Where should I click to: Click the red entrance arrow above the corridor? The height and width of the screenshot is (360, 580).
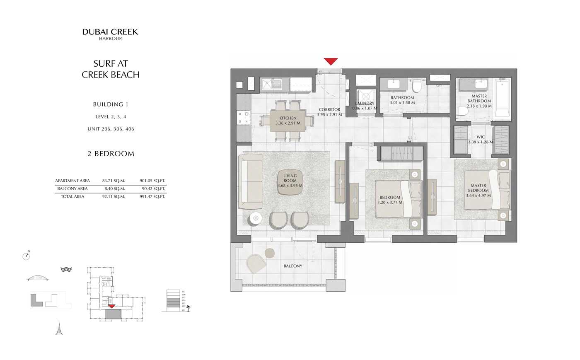point(331,61)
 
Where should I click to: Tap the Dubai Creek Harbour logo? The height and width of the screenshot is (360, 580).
point(110,34)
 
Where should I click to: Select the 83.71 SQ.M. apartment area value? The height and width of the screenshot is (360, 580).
point(114,181)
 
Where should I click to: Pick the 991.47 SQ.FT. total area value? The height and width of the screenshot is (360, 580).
point(152,196)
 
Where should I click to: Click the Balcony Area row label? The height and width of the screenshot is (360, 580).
point(72,188)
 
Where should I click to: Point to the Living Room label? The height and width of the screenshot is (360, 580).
point(290,178)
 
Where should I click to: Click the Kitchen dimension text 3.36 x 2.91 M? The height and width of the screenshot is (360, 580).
point(288,123)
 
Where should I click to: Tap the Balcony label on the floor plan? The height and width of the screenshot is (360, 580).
point(293,266)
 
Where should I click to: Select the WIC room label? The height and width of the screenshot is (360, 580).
point(481,137)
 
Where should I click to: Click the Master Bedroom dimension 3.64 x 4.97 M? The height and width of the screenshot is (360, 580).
point(478,196)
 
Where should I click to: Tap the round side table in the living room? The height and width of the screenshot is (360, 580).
point(256,218)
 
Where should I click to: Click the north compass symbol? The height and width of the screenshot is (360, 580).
point(27,256)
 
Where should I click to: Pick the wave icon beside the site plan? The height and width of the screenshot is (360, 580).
point(66,269)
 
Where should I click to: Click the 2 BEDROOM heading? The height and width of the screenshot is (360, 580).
point(111,154)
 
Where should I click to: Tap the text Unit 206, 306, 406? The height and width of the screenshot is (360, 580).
point(111,129)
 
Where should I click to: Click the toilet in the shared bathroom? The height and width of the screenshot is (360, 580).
point(416,86)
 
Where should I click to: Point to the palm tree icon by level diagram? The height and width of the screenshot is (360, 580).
point(188,308)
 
